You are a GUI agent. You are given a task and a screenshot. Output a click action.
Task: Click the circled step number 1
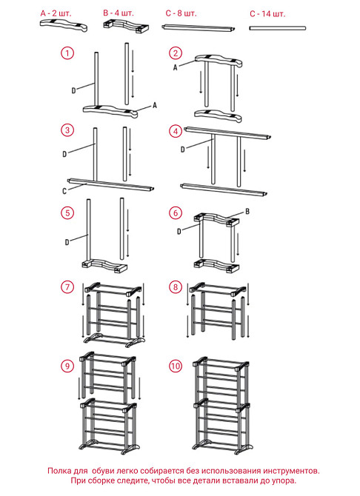[67, 53]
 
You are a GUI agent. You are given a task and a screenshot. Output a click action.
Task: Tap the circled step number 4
[176, 131]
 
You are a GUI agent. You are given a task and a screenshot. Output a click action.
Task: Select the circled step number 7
[67, 287]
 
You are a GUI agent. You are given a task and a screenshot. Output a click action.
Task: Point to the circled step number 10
[176, 366]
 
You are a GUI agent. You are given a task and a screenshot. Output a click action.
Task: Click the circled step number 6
[176, 213]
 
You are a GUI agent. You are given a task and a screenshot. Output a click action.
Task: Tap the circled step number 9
[67, 366]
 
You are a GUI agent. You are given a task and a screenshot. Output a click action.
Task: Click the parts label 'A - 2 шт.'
[56, 13]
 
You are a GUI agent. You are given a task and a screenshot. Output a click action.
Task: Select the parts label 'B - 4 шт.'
[119, 13]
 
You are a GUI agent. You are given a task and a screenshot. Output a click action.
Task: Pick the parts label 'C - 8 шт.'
[181, 13]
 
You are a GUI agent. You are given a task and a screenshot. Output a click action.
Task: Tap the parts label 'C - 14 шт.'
[267, 14]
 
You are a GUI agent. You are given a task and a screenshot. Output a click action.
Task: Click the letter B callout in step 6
[247, 211]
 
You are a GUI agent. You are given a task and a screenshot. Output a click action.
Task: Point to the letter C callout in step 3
[64, 191]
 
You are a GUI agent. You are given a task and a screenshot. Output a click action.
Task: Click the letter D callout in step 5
[67, 242]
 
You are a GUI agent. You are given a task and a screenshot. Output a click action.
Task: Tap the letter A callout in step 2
[175, 67]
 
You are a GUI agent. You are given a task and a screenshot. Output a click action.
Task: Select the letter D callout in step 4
[182, 150]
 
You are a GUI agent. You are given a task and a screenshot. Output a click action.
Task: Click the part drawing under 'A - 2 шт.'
[64, 26]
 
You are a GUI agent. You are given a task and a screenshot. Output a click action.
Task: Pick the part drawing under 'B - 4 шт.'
[127, 26]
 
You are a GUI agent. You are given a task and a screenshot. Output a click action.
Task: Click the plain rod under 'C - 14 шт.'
[277, 28]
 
